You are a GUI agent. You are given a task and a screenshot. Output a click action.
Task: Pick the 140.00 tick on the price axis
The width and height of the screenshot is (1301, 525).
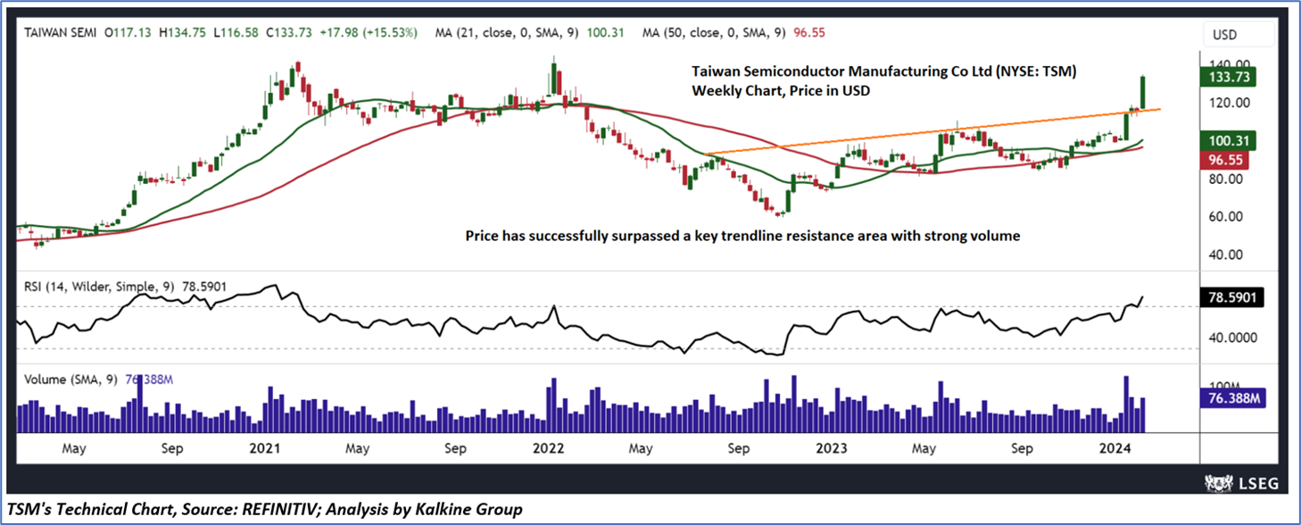[1227, 65]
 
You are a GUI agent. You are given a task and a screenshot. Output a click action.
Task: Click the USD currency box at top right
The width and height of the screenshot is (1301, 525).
[1225, 35]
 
